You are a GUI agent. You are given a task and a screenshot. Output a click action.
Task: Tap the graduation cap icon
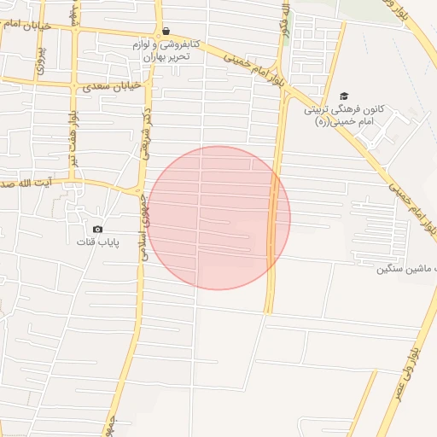click(344, 96)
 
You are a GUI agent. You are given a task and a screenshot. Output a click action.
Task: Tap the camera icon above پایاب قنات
click(97, 229)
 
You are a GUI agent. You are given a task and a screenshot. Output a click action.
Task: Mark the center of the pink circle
click(218, 218)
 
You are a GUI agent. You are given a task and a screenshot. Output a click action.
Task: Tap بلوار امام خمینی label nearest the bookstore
click(253, 71)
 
